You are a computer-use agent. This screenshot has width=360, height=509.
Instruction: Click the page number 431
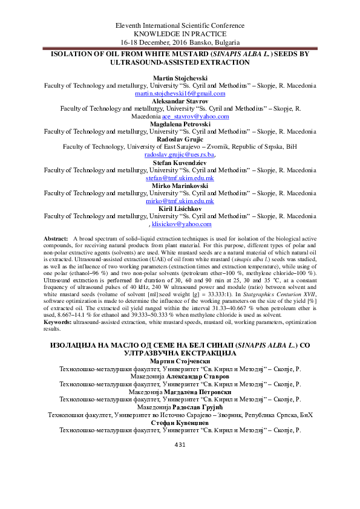click(x=179, y=496)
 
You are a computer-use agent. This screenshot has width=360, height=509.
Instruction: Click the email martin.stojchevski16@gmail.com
click(x=180, y=95)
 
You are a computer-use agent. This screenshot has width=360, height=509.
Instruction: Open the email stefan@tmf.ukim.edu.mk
click(x=180, y=179)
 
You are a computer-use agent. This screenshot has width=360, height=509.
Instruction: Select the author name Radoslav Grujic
click(x=180, y=138)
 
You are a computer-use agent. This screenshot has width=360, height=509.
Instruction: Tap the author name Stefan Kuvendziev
click(x=180, y=163)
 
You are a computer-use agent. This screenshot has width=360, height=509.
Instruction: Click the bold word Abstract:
click(x=56, y=240)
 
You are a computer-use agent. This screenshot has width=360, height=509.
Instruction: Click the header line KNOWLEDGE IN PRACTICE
click(x=180, y=35)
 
